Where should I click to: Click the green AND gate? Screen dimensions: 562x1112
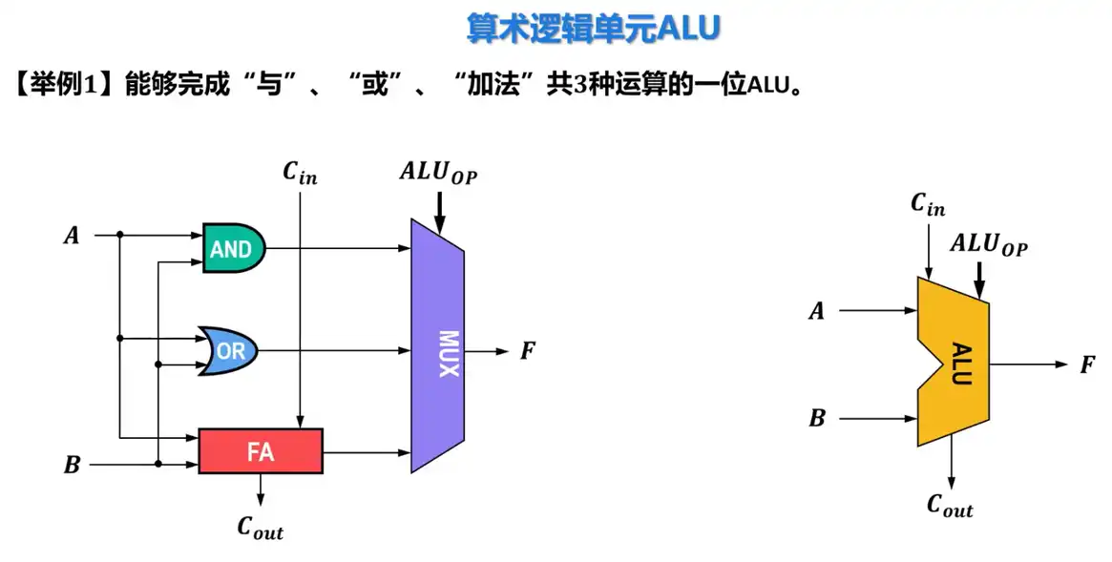tap(233, 249)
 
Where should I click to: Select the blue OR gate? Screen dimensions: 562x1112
tap(228, 351)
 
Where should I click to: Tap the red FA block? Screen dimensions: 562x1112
tap(261, 451)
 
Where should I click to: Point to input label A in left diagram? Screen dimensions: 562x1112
tap(72, 234)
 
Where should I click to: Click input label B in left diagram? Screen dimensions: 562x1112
tap(72, 466)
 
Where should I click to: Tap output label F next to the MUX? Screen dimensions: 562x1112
tap(528, 351)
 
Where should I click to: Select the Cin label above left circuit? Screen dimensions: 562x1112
tap(300, 172)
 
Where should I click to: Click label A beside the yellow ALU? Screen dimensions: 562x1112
tap(817, 310)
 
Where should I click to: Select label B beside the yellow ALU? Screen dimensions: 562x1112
tap(817, 418)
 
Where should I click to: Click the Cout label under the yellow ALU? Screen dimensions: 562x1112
tap(951, 506)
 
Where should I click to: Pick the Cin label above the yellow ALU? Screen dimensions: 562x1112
tap(928, 204)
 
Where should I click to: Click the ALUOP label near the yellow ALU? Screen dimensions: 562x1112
tap(989, 244)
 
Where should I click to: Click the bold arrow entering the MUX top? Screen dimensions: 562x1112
tap(439, 210)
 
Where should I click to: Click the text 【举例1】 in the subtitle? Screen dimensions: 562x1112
tap(64, 84)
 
